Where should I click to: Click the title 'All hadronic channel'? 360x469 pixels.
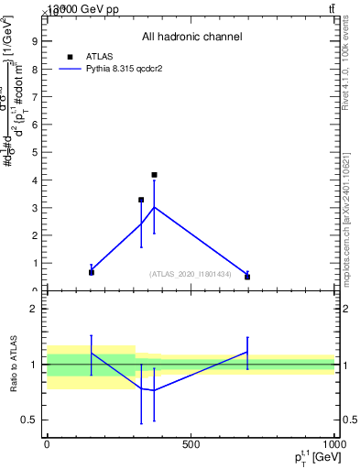(x=191, y=38)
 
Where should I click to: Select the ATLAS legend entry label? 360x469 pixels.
(x=99, y=56)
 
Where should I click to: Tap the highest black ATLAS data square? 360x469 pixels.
(x=154, y=175)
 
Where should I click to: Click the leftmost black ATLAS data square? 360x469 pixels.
(x=92, y=272)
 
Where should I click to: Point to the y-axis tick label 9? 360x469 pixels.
(x=33, y=40)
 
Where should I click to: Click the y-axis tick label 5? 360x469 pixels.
(x=33, y=152)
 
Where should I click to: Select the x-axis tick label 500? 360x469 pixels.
(x=191, y=444)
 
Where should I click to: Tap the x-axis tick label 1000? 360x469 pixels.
(x=333, y=444)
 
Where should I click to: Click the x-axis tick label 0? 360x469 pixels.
(x=47, y=444)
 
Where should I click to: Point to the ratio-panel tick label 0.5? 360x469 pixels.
(x=28, y=420)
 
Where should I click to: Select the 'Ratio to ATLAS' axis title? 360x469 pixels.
(x=15, y=365)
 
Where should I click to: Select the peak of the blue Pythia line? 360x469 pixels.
(x=154, y=207)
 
